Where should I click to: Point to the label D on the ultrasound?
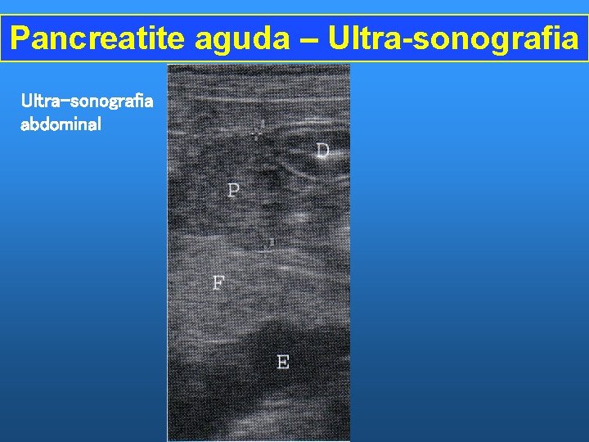[323, 151]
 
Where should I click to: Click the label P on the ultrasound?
[234, 191]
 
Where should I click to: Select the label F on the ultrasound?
[218, 283]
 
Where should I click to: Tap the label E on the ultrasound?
[283, 361]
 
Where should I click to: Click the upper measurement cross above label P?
[259, 129]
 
